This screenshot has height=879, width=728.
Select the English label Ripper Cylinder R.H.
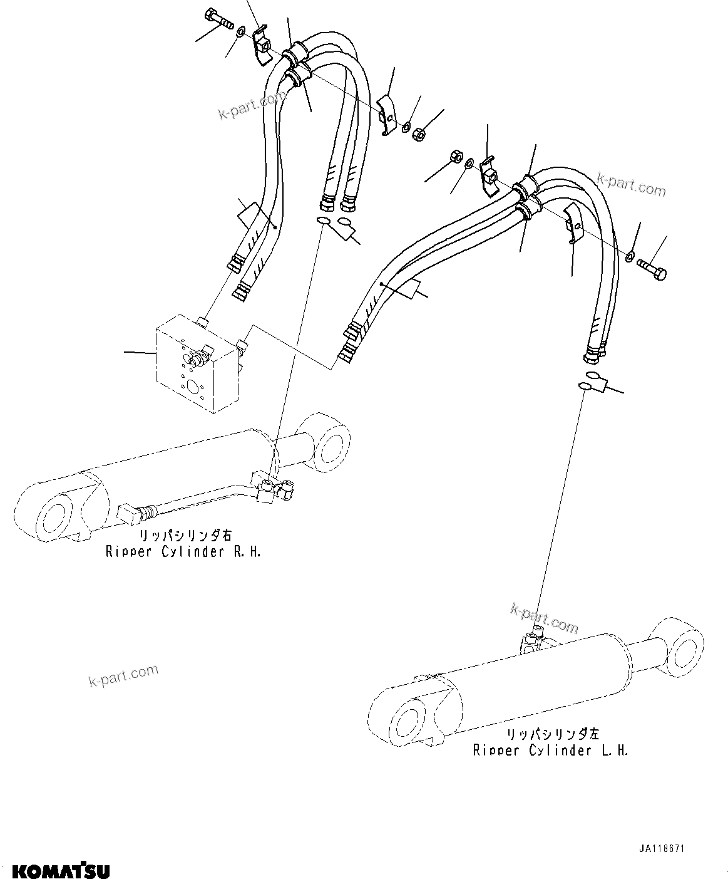pos(183,552)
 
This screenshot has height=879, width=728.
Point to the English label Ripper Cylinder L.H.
pos(551,750)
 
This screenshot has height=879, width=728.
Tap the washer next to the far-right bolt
pos(630,255)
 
